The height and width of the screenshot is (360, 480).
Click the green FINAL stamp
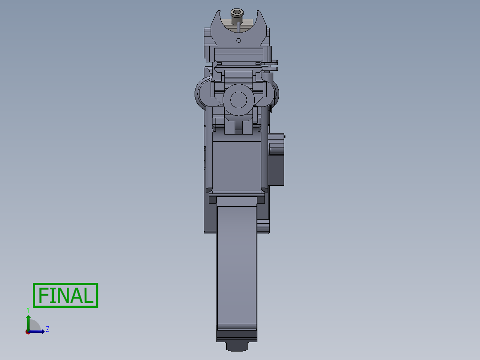[65, 295]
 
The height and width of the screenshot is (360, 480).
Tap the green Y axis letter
[28, 310]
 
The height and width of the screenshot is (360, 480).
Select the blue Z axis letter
[47, 329]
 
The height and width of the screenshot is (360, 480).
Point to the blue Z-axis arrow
[38, 331]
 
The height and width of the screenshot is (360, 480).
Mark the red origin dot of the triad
[28, 332]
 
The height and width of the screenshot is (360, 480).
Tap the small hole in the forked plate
[239, 41]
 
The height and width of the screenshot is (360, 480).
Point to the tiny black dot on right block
[285, 136]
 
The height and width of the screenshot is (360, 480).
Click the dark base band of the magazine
[237, 334]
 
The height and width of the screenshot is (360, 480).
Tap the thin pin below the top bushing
[238, 28]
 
